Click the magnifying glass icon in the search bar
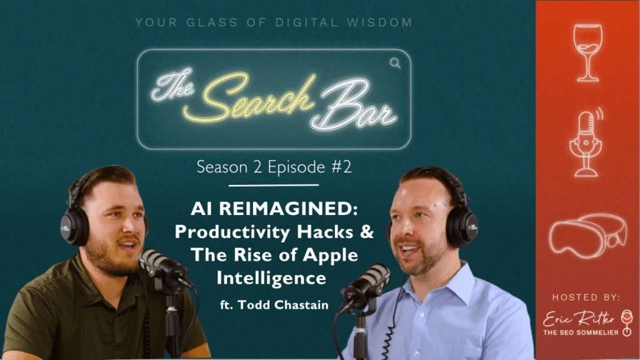pyautogui.click(x=395, y=62)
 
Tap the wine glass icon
pyautogui.click(x=587, y=52)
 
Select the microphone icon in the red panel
pyautogui.click(x=585, y=140)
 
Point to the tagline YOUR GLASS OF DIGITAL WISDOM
pyautogui.click(x=274, y=23)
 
